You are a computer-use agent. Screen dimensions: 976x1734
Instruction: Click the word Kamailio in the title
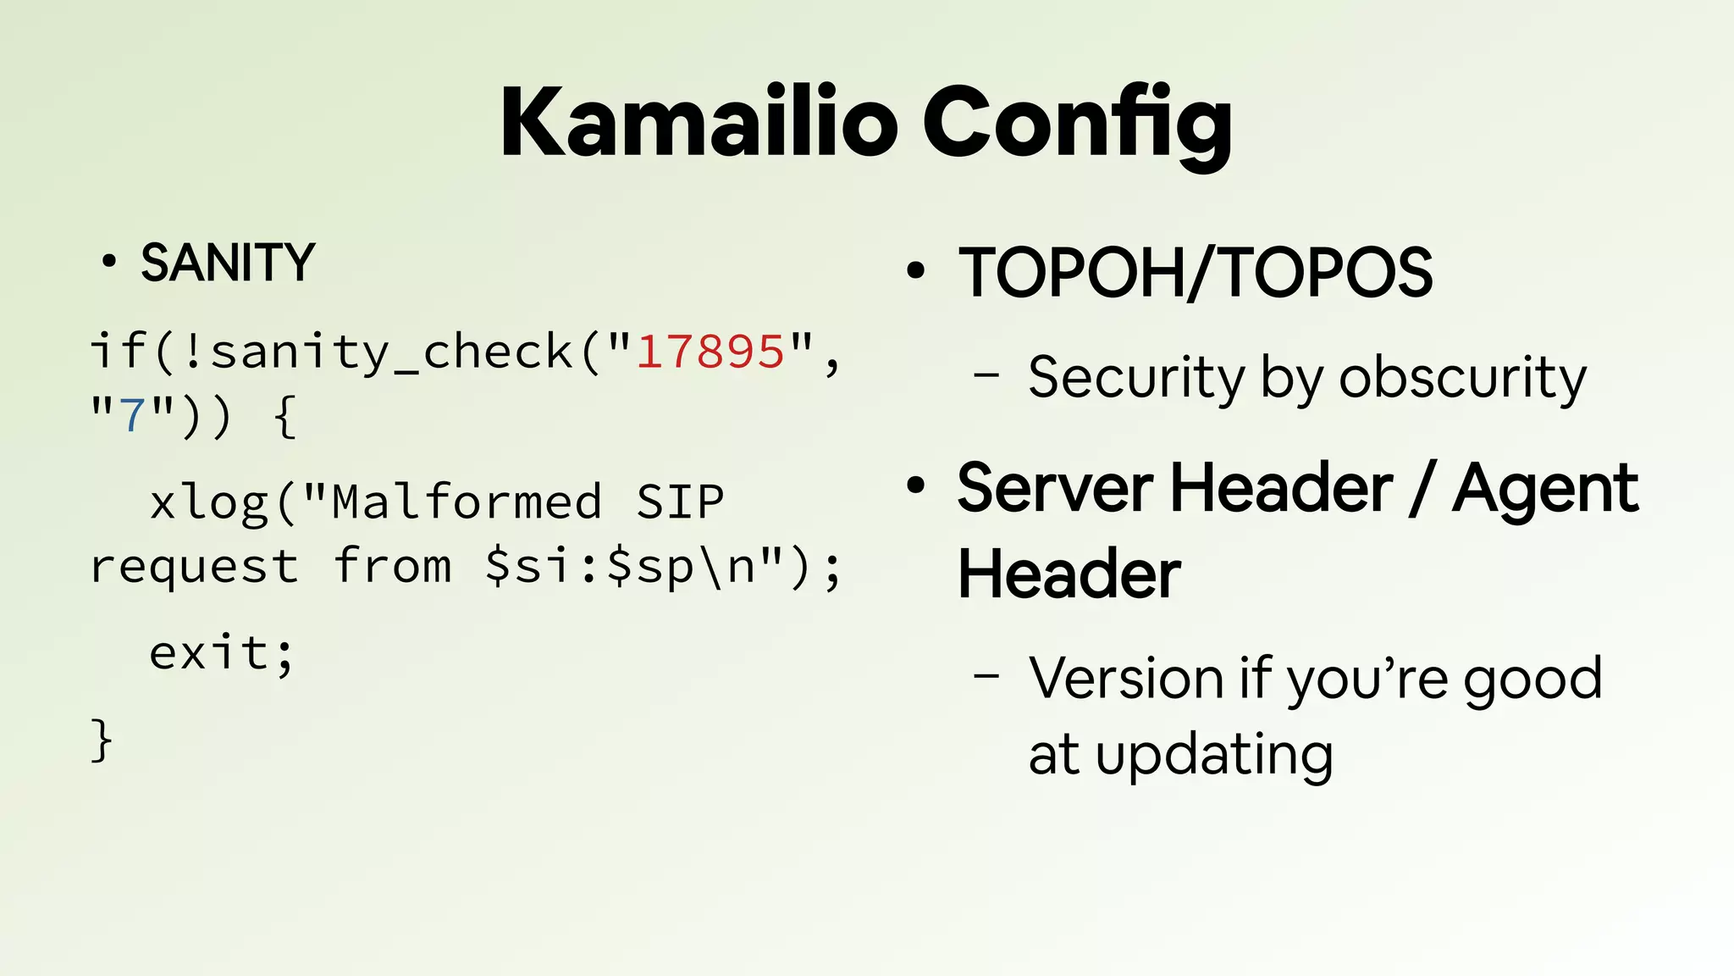[699, 123]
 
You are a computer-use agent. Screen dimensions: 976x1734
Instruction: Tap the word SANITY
[228, 263]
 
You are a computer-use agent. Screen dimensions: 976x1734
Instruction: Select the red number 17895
[710, 352]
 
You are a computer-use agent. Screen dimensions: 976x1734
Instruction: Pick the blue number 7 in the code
[133, 416]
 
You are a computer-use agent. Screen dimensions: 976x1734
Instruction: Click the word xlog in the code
[209, 502]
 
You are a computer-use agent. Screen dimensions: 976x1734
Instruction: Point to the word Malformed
[467, 502]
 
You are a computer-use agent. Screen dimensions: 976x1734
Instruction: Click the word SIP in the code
[680, 502]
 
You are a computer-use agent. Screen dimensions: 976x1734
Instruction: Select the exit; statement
[221, 654]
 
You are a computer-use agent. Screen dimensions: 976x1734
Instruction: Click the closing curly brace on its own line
[101, 741]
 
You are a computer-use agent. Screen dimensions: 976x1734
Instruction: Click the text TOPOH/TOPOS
[1195, 273]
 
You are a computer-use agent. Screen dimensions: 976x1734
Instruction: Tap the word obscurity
[1462, 377]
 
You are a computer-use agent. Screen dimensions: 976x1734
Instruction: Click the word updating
[1214, 755]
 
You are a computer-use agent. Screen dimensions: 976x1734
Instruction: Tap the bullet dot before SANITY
[108, 262]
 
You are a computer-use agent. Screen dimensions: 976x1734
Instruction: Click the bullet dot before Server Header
[915, 486]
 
